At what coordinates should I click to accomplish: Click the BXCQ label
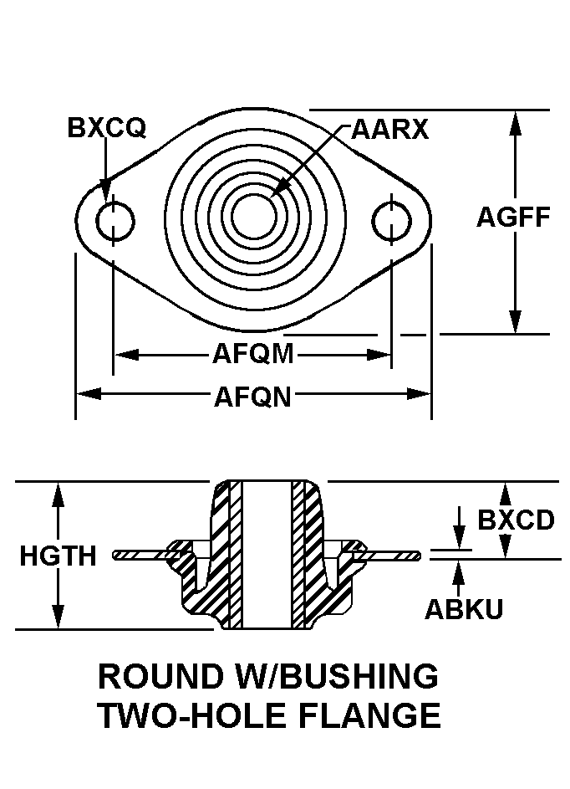point(107,128)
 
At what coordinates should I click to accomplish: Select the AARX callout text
point(389,130)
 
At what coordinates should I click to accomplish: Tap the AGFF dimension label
point(513,218)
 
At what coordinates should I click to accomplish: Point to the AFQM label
point(252,355)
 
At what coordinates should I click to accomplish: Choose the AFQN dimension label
point(252,396)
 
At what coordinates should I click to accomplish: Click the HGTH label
point(58,556)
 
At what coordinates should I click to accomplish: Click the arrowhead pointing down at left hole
point(106,192)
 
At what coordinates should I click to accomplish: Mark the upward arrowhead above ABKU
point(459,571)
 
